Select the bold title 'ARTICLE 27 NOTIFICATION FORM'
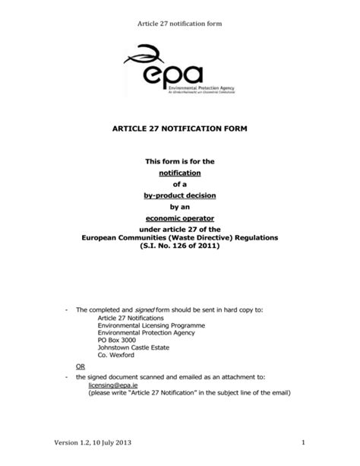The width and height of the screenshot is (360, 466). pos(180,132)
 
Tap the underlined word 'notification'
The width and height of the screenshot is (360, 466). pos(180,173)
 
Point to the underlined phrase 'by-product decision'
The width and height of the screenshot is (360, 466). pos(180,195)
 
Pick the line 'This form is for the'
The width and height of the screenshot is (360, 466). pos(180,161)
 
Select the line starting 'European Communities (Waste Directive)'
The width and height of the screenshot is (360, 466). pos(180,237)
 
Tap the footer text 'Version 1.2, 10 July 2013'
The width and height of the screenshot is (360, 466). pos(65,443)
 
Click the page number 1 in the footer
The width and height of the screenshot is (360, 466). pos(302,443)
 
